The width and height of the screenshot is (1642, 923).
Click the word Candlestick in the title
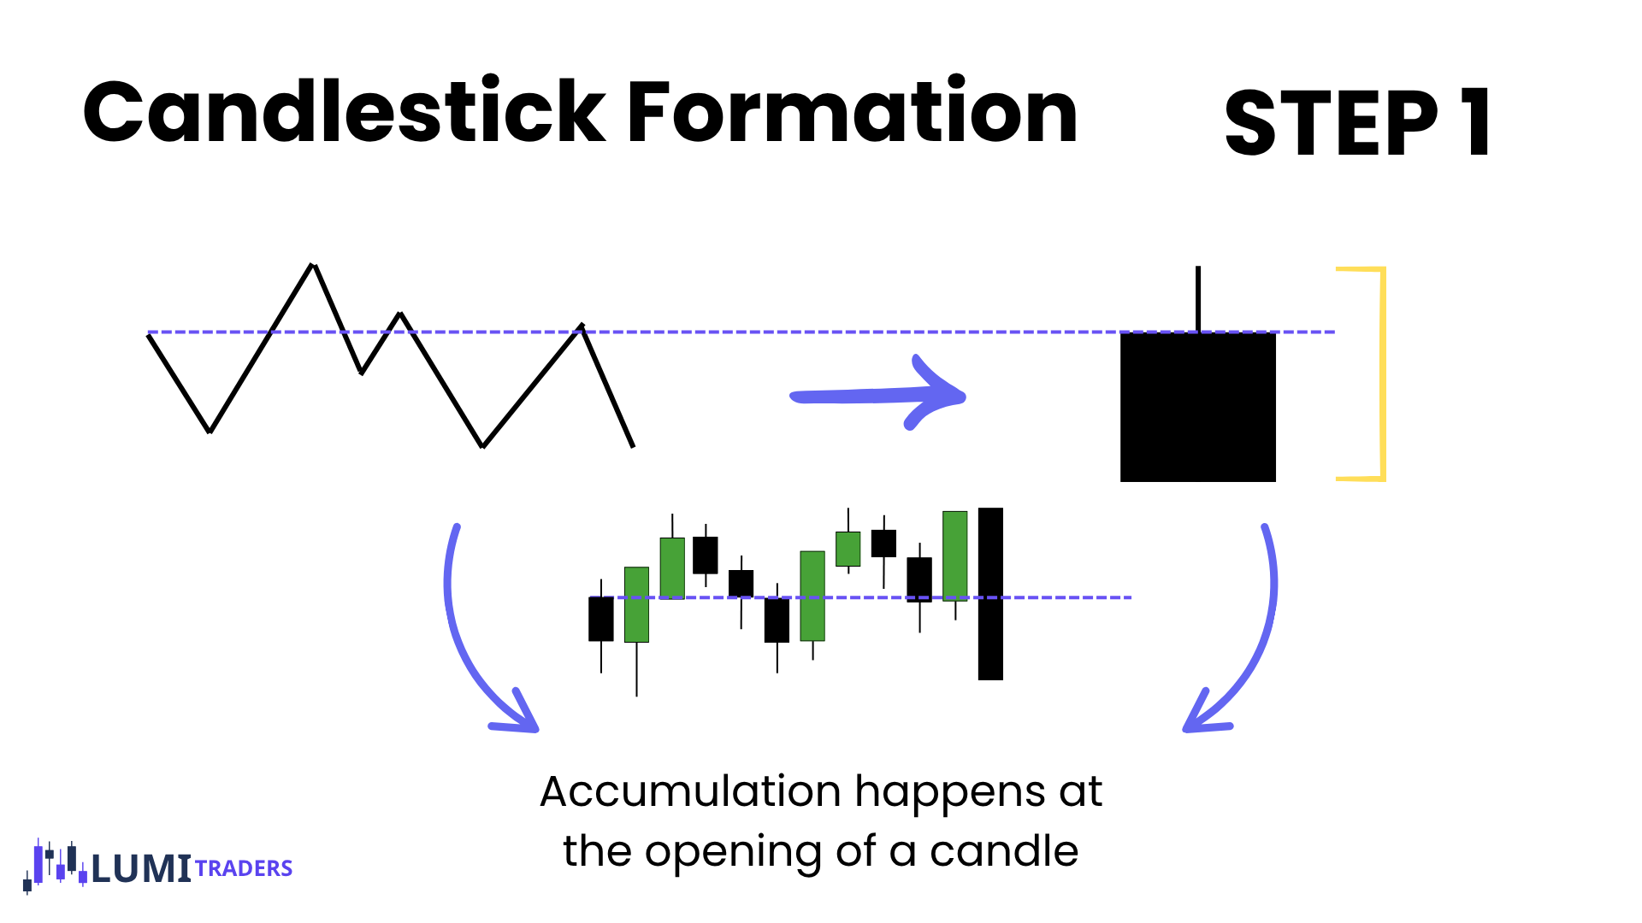(345, 110)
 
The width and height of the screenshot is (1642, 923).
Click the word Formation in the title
(852, 111)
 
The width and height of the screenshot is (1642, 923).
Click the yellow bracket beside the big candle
(1382, 374)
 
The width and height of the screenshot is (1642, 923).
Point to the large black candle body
(1198, 407)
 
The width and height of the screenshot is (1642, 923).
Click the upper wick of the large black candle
(1198, 299)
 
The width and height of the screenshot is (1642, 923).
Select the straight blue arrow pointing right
(877, 395)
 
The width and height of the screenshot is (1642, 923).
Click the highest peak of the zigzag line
(314, 265)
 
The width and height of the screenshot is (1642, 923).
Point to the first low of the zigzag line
(210, 432)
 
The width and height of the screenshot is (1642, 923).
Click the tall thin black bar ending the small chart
(990, 594)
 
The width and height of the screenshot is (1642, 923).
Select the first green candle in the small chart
(636, 604)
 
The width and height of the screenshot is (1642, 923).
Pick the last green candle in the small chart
(955, 556)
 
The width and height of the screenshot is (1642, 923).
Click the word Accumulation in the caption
(690, 792)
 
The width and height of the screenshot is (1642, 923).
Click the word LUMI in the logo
(141, 868)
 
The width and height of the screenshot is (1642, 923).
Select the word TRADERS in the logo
(244, 868)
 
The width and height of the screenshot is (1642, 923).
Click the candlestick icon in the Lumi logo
(55, 866)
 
